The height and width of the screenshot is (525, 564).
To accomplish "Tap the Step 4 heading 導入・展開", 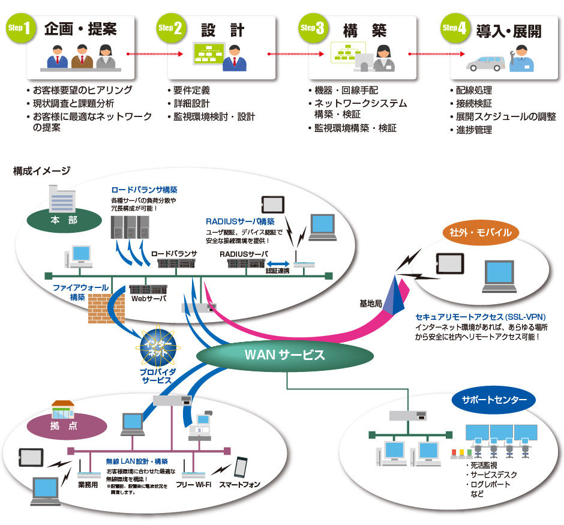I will pyautogui.click(x=508, y=31).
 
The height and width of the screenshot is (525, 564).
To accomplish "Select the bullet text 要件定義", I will pyautogui.click(x=191, y=91).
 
